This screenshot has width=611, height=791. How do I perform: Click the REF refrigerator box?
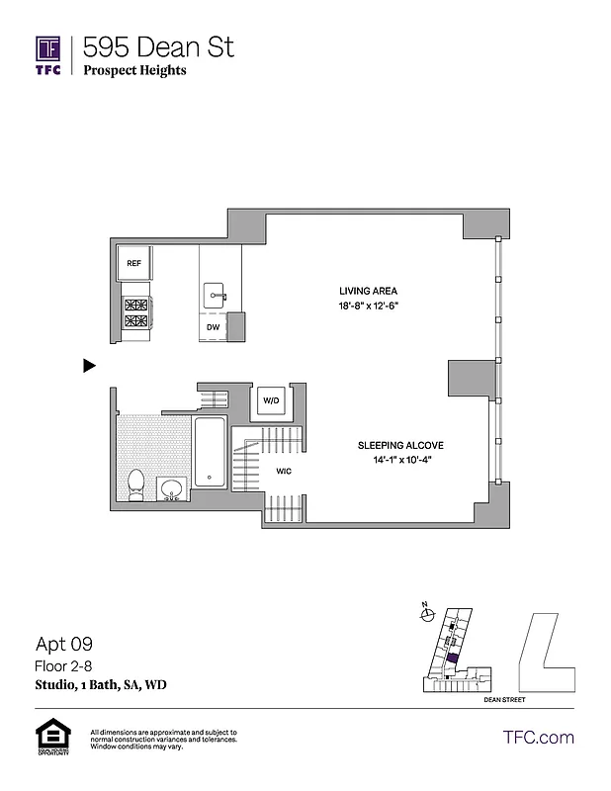pos(133,264)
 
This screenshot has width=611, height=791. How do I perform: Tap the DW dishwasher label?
pos(213,326)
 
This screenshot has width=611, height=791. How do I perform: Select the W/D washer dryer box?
pos(270,399)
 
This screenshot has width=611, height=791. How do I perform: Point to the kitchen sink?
pos(216,294)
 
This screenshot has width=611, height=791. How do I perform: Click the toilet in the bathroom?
pos(137,486)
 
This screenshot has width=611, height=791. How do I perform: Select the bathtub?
pos(210,453)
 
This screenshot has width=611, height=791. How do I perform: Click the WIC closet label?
pos(282,472)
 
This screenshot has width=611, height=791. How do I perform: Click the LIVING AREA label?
pos(368,291)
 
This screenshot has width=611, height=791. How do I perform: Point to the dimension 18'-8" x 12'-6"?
pos(368,307)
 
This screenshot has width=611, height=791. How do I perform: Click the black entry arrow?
pos(88,366)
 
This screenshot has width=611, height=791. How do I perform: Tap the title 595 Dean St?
pos(158,46)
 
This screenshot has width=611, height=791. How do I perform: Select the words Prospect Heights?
pos(134,71)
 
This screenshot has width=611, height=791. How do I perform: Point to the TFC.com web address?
pos(539,737)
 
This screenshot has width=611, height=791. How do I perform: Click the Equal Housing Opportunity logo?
pos(48,738)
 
